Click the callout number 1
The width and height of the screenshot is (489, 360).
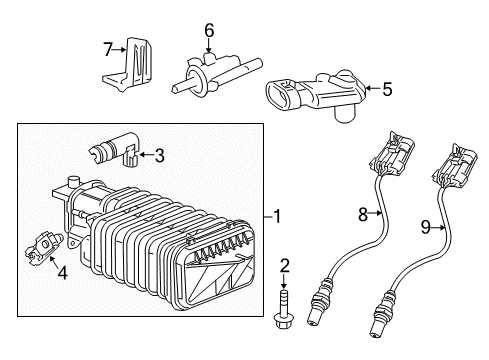pyautogui.click(x=277, y=217)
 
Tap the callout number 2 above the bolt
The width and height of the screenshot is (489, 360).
pyautogui.click(x=284, y=266)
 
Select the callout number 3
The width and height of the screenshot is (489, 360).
pyautogui.click(x=160, y=155)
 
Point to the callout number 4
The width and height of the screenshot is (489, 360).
pyautogui.click(x=62, y=273)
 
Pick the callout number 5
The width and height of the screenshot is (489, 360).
pyautogui.click(x=387, y=89)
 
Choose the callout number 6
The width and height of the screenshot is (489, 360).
pyautogui.click(x=209, y=31)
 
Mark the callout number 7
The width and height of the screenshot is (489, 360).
pyautogui.click(x=107, y=50)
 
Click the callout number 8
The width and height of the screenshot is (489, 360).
pyautogui.click(x=363, y=214)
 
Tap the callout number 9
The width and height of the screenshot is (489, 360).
pyautogui.click(x=425, y=227)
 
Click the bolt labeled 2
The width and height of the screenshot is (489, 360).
pyautogui.click(x=283, y=309)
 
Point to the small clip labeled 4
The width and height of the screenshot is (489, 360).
pyautogui.click(x=43, y=248)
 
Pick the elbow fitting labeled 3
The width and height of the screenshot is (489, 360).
pyautogui.click(x=114, y=150)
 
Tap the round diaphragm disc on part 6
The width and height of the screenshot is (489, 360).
pyautogui.click(x=194, y=82)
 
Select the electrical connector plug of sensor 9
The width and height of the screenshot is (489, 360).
pyautogui.click(x=455, y=165)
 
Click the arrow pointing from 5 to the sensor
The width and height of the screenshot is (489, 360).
pyautogui.click(x=373, y=89)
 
